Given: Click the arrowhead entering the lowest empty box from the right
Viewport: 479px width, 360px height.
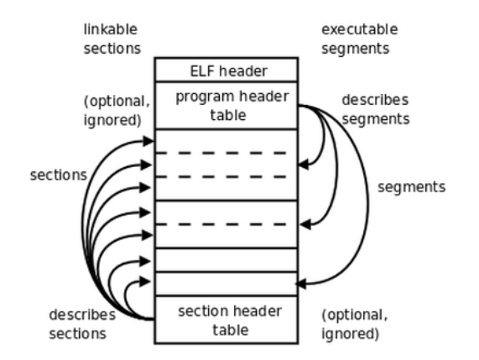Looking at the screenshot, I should pyautogui.click(x=303, y=284).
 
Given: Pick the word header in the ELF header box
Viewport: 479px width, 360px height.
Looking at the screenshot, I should pyautogui.click(x=237, y=70).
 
